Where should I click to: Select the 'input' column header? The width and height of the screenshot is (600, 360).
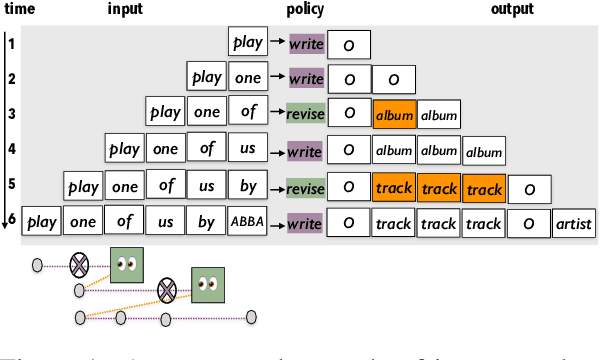126,9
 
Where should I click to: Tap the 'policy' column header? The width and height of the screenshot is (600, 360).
304,9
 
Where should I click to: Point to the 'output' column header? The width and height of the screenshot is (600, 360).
512,9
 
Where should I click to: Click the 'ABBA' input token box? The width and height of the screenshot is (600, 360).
246,222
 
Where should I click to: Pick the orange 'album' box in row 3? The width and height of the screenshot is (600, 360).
394,115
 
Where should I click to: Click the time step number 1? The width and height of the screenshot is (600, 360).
11,43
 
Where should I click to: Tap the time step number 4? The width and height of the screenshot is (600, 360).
11,150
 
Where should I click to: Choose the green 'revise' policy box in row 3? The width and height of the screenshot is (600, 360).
304,114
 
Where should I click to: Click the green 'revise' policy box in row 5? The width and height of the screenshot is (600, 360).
304,187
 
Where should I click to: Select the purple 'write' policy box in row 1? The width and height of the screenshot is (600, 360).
306,44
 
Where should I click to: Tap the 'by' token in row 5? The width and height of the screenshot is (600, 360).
246,187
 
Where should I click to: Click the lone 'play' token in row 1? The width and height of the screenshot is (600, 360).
247,43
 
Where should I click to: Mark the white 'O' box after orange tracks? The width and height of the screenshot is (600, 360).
529,188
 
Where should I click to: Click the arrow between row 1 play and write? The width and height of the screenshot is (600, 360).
278,44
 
